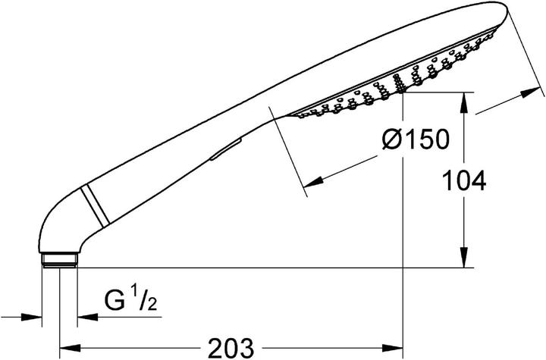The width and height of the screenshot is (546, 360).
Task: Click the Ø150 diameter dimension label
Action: coord(416,139)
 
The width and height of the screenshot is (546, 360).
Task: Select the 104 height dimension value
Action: coord(464,180)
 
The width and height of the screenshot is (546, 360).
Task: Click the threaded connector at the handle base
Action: coord(59,260)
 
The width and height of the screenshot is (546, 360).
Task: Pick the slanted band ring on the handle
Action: coord(95,205)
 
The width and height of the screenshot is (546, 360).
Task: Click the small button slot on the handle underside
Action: coord(226,150)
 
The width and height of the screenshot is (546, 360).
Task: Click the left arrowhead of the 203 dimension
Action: coord(71,348)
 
